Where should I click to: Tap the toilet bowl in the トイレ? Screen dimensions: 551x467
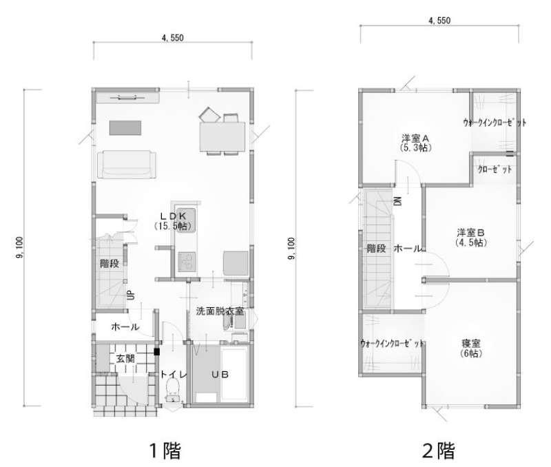click(173, 390)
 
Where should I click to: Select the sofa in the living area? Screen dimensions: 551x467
click(126, 164)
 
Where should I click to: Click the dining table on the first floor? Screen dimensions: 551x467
click(222, 136)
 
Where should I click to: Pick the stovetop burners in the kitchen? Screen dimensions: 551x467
click(187, 262)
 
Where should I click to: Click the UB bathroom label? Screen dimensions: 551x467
click(220, 375)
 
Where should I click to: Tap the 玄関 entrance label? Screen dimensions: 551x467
click(125, 359)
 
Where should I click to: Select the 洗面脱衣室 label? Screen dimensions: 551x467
click(220, 311)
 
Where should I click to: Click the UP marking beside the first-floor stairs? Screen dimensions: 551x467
click(130, 295)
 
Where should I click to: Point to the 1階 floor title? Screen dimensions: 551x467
click(165, 450)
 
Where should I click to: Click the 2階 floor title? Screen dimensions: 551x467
click(439, 450)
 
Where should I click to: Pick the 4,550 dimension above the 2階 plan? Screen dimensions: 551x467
click(439, 21)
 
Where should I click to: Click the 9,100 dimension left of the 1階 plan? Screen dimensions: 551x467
click(19, 247)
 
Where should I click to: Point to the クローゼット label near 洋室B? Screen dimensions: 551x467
click(495, 169)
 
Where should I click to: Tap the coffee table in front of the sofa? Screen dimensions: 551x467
click(125, 128)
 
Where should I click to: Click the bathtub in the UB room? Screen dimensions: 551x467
click(235, 375)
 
